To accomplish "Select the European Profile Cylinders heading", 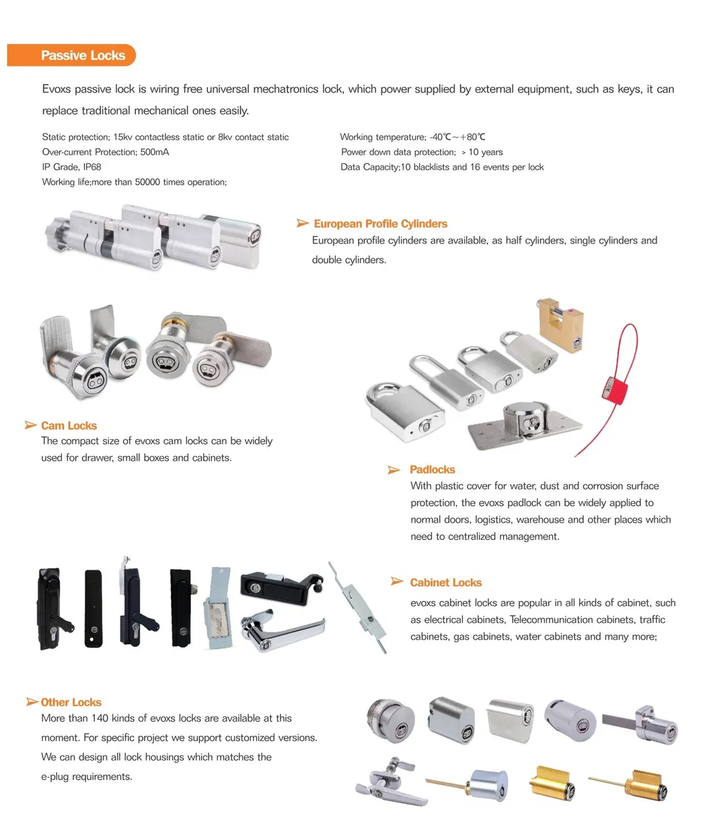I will [x=380, y=224].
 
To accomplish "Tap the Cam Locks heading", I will [x=69, y=426].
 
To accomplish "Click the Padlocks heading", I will [x=432, y=469].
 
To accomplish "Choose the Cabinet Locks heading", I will [x=445, y=582].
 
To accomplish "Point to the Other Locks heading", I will [x=71, y=702].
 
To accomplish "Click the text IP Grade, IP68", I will [x=71, y=167].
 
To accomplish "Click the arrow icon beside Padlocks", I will [x=394, y=470].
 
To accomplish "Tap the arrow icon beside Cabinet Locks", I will [x=397, y=582].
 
